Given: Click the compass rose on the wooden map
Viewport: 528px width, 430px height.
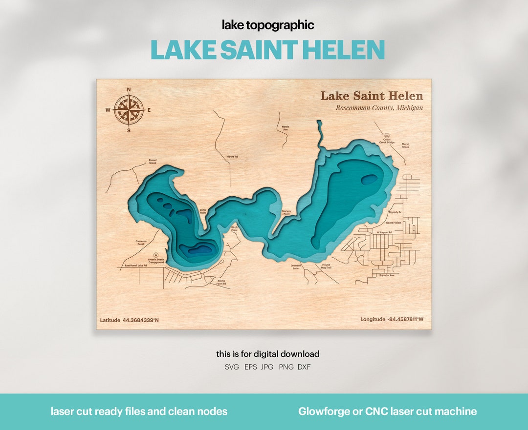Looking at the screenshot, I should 129,110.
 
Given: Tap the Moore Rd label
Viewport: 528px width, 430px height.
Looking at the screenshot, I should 232,157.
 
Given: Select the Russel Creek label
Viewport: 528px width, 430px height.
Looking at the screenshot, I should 153,162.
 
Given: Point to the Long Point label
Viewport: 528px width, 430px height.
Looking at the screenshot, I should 203,211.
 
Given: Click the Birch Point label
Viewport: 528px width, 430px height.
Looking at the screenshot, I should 234,228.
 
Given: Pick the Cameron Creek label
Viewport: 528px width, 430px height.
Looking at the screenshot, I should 141,243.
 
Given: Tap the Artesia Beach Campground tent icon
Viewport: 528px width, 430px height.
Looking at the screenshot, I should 156,254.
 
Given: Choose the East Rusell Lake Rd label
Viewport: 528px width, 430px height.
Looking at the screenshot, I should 136,265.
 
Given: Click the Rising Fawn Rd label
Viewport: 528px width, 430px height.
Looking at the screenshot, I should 221,282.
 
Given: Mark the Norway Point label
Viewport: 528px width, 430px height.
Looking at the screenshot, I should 286,212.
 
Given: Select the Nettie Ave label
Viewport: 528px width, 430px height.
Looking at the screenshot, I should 285,128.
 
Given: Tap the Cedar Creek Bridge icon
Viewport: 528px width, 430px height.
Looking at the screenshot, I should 387,136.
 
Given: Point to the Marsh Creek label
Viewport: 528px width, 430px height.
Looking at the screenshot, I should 405,145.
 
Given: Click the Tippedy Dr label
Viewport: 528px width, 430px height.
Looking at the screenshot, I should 395,212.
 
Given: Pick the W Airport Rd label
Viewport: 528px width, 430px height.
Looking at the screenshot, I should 384,232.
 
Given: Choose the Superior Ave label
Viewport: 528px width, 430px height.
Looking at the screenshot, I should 387,275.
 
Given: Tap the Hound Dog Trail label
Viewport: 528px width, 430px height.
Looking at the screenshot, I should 326,266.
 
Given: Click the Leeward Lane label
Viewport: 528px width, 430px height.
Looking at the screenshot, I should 296,266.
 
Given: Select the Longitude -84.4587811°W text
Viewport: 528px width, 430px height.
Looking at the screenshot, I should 392,319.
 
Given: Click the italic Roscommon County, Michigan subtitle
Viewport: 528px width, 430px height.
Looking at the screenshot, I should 379,108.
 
